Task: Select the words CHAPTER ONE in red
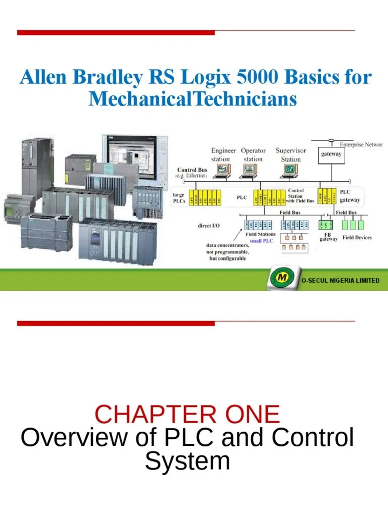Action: tap(187, 415)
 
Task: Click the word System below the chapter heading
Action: tap(187, 460)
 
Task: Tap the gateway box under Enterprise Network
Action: tap(331, 154)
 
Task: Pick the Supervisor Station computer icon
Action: tap(289, 170)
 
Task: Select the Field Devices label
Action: tap(357, 237)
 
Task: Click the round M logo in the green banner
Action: tap(279, 280)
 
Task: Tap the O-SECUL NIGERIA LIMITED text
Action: tap(339, 280)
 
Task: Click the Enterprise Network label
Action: tap(361, 144)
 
